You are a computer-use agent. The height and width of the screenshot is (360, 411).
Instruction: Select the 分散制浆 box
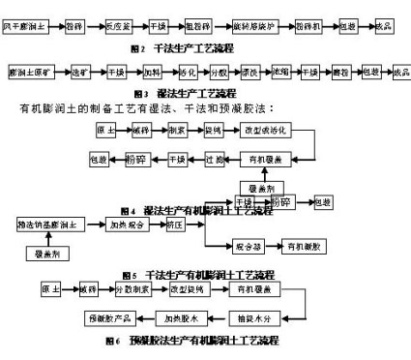(x=134, y=289)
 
